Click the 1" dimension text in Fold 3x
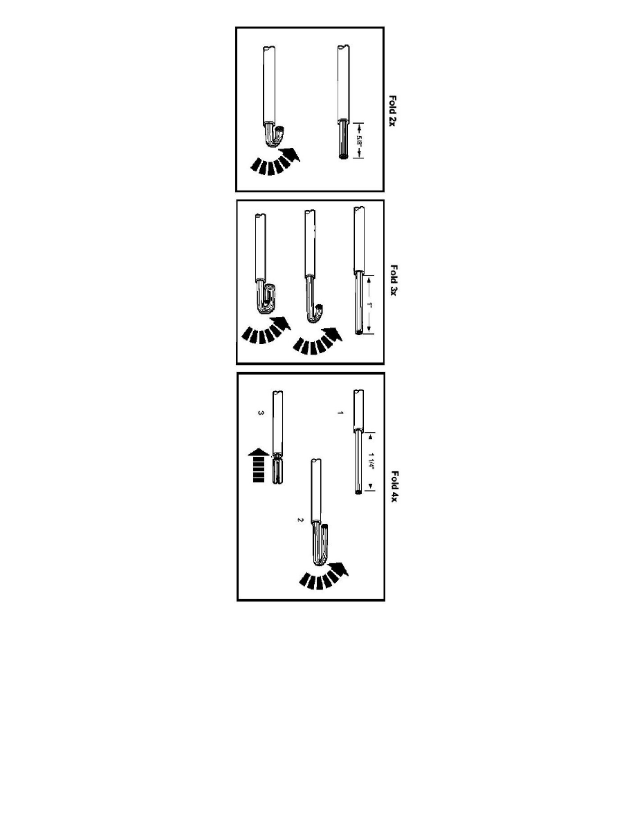point(372,305)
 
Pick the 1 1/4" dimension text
point(372,462)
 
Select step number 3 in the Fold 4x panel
point(261,413)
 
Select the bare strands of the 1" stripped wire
point(358,305)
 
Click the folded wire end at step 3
point(277,470)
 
